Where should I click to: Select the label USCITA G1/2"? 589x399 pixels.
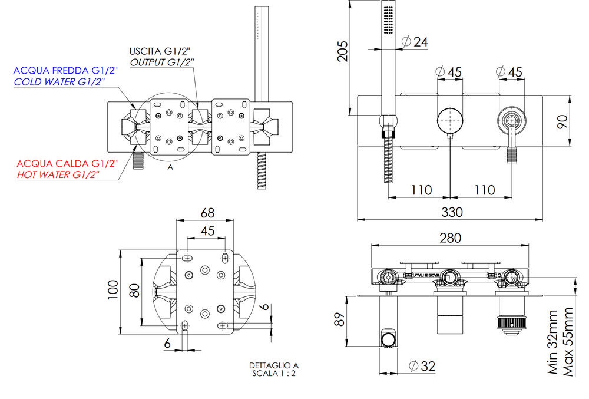[160, 50]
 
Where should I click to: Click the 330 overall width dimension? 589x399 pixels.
[451, 211]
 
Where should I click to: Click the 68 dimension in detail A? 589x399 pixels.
[207, 212]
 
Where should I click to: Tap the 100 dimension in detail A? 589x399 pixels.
[112, 291]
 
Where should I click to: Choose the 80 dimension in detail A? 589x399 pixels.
[134, 290]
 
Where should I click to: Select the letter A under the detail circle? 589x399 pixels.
[170, 167]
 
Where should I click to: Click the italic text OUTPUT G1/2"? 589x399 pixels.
[163, 61]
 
